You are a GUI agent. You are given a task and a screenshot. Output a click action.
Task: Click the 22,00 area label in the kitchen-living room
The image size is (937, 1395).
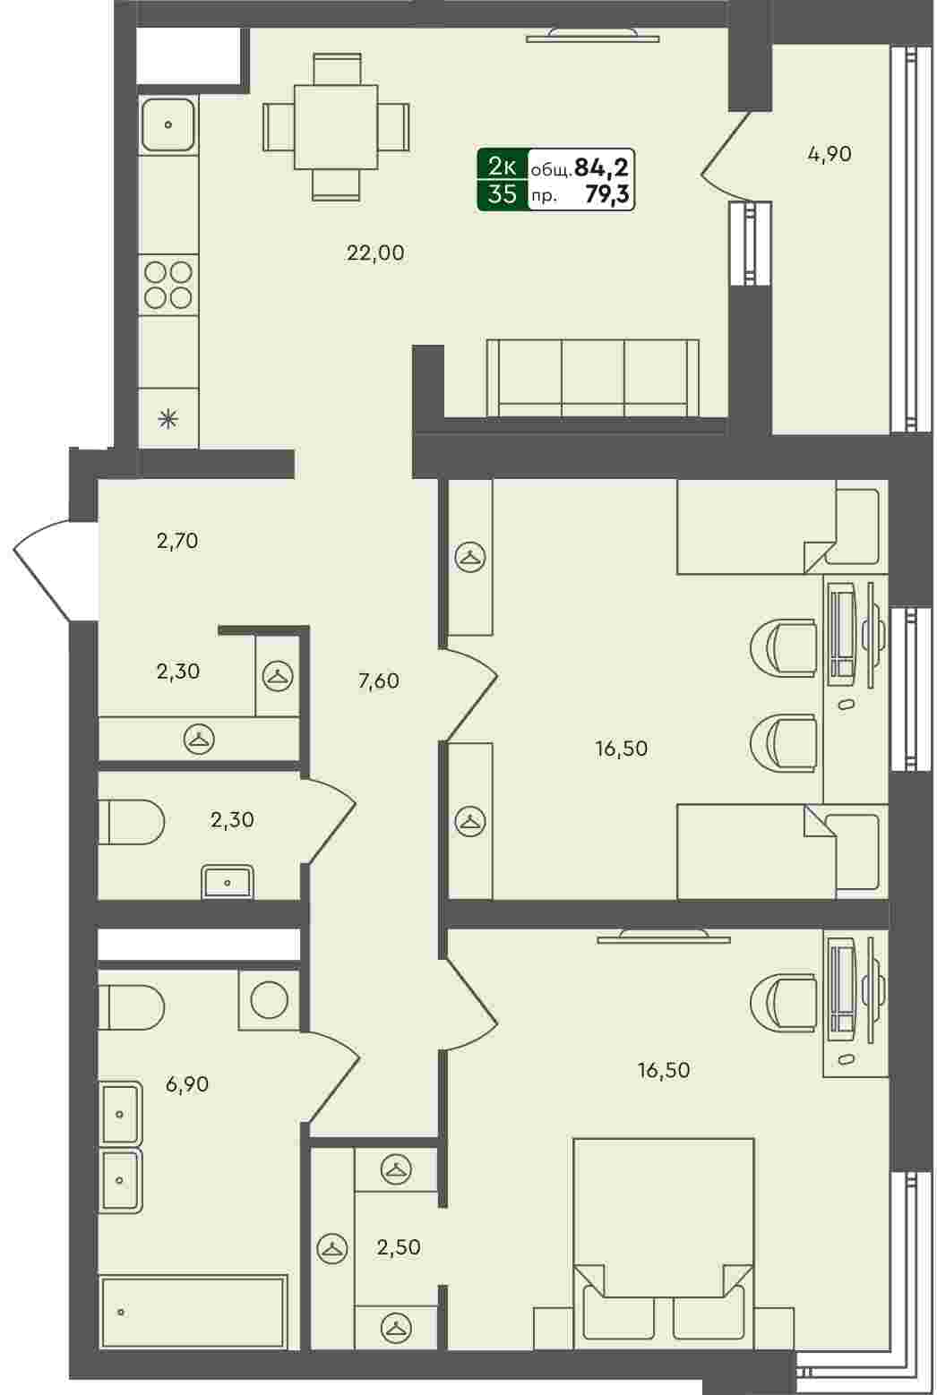click(x=375, y=253)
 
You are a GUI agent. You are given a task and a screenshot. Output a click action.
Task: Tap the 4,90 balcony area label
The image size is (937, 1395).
click(x=830, y=154)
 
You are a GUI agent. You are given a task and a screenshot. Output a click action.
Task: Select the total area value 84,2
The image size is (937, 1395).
click(x=601, y=167)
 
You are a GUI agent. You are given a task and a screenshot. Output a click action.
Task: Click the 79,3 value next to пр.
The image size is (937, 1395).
click(x=606, y=195)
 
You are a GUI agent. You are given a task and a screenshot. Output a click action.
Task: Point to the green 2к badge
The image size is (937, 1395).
click(x=503, y=167)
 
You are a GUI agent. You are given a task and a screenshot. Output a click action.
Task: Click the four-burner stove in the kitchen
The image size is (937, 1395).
click(x=168, y=286)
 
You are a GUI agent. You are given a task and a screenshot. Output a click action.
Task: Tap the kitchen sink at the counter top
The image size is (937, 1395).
click(x=168, y=124)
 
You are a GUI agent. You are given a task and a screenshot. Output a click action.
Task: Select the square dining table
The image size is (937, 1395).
click(x=337, y=127)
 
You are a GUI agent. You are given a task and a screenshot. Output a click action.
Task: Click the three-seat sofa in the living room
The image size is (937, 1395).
click(x=592, y=377)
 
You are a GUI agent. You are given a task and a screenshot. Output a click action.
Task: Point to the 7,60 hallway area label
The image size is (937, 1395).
click(x=379, y=680)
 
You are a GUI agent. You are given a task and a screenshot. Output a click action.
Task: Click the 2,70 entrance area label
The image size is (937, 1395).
click(x=177, y=541)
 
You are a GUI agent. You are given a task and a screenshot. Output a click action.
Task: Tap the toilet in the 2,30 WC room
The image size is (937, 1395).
click(x=131, y=822)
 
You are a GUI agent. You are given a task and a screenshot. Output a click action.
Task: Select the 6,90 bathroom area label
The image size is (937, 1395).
click(x=187, y=1084)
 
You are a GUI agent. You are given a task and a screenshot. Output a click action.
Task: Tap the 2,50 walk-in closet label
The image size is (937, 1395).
click(x=399, y=1247)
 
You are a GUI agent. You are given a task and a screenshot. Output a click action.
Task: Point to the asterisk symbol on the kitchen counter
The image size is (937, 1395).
click(x=168, y=419)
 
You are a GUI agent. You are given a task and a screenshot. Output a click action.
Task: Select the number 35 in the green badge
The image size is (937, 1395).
click(x=503, y=195)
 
